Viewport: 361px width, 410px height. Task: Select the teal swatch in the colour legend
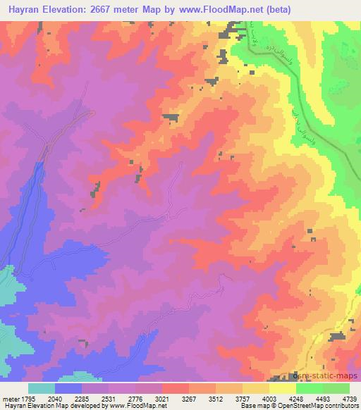point(42,388)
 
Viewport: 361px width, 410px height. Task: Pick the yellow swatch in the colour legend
point(283,388)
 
